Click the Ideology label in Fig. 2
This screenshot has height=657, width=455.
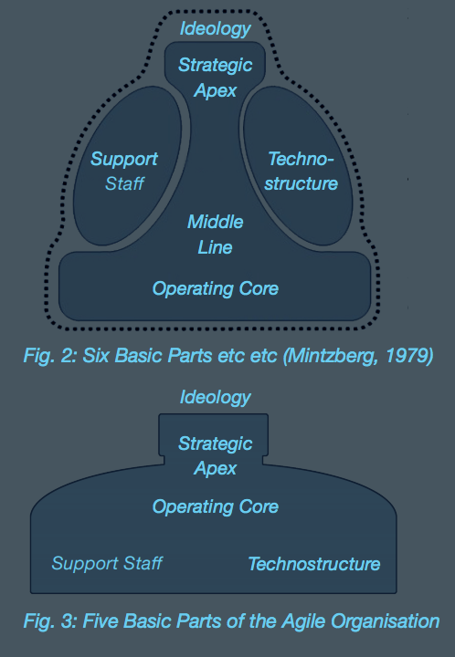click(215, 28)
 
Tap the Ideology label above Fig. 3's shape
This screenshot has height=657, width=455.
click(215, 397)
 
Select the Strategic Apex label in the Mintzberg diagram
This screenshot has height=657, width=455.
click(215, 78)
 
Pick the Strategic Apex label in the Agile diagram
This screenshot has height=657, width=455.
click(215, 455)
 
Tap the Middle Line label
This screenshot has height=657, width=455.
click(215, 235)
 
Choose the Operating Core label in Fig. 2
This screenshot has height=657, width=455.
click(215, 288)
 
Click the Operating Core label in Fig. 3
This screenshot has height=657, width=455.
click(215, 506)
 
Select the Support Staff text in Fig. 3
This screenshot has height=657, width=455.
click(107, 563)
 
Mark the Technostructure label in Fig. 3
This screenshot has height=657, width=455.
click(314, 564)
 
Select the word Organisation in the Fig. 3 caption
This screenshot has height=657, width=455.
click(385, 621)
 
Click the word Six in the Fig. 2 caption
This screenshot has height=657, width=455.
click(96, 356)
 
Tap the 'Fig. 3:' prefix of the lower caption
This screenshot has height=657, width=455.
click(50, 621)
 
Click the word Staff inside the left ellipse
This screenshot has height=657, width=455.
click(124, 183)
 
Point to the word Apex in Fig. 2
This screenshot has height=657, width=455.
click(215, 91)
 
